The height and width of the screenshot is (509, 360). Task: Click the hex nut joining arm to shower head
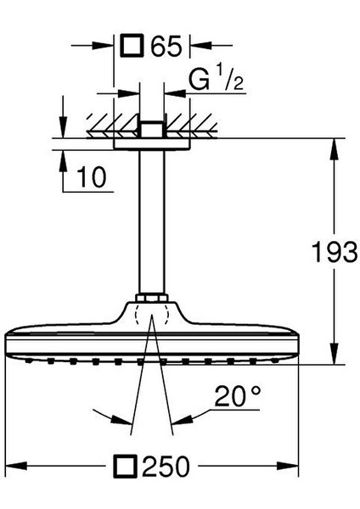(152, 301)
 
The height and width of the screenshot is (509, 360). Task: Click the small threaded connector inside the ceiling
(152, 129)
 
